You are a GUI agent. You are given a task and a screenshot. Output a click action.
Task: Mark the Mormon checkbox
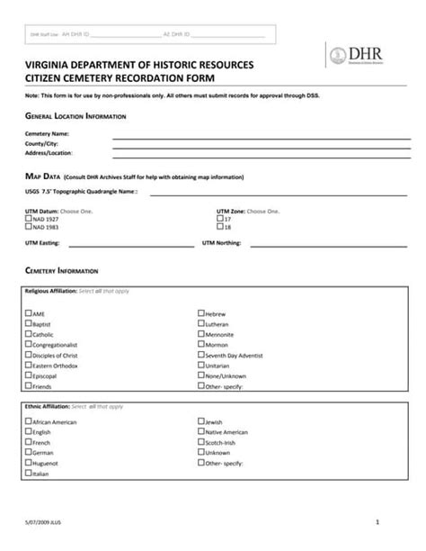coord(200,344)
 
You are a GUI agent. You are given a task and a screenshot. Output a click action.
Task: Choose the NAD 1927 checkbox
coord(29,219)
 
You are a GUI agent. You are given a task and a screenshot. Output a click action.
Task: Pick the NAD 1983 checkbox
coord(29,227)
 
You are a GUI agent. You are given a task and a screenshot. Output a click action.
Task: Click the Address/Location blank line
coord(261,153)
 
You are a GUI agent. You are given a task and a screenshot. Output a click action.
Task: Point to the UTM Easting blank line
coord(130,243)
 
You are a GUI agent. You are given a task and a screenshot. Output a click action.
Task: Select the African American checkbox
coord(29,421)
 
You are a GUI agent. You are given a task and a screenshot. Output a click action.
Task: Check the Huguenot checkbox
coord(29,462)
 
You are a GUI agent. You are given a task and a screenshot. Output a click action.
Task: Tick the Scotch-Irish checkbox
coord(200,442)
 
